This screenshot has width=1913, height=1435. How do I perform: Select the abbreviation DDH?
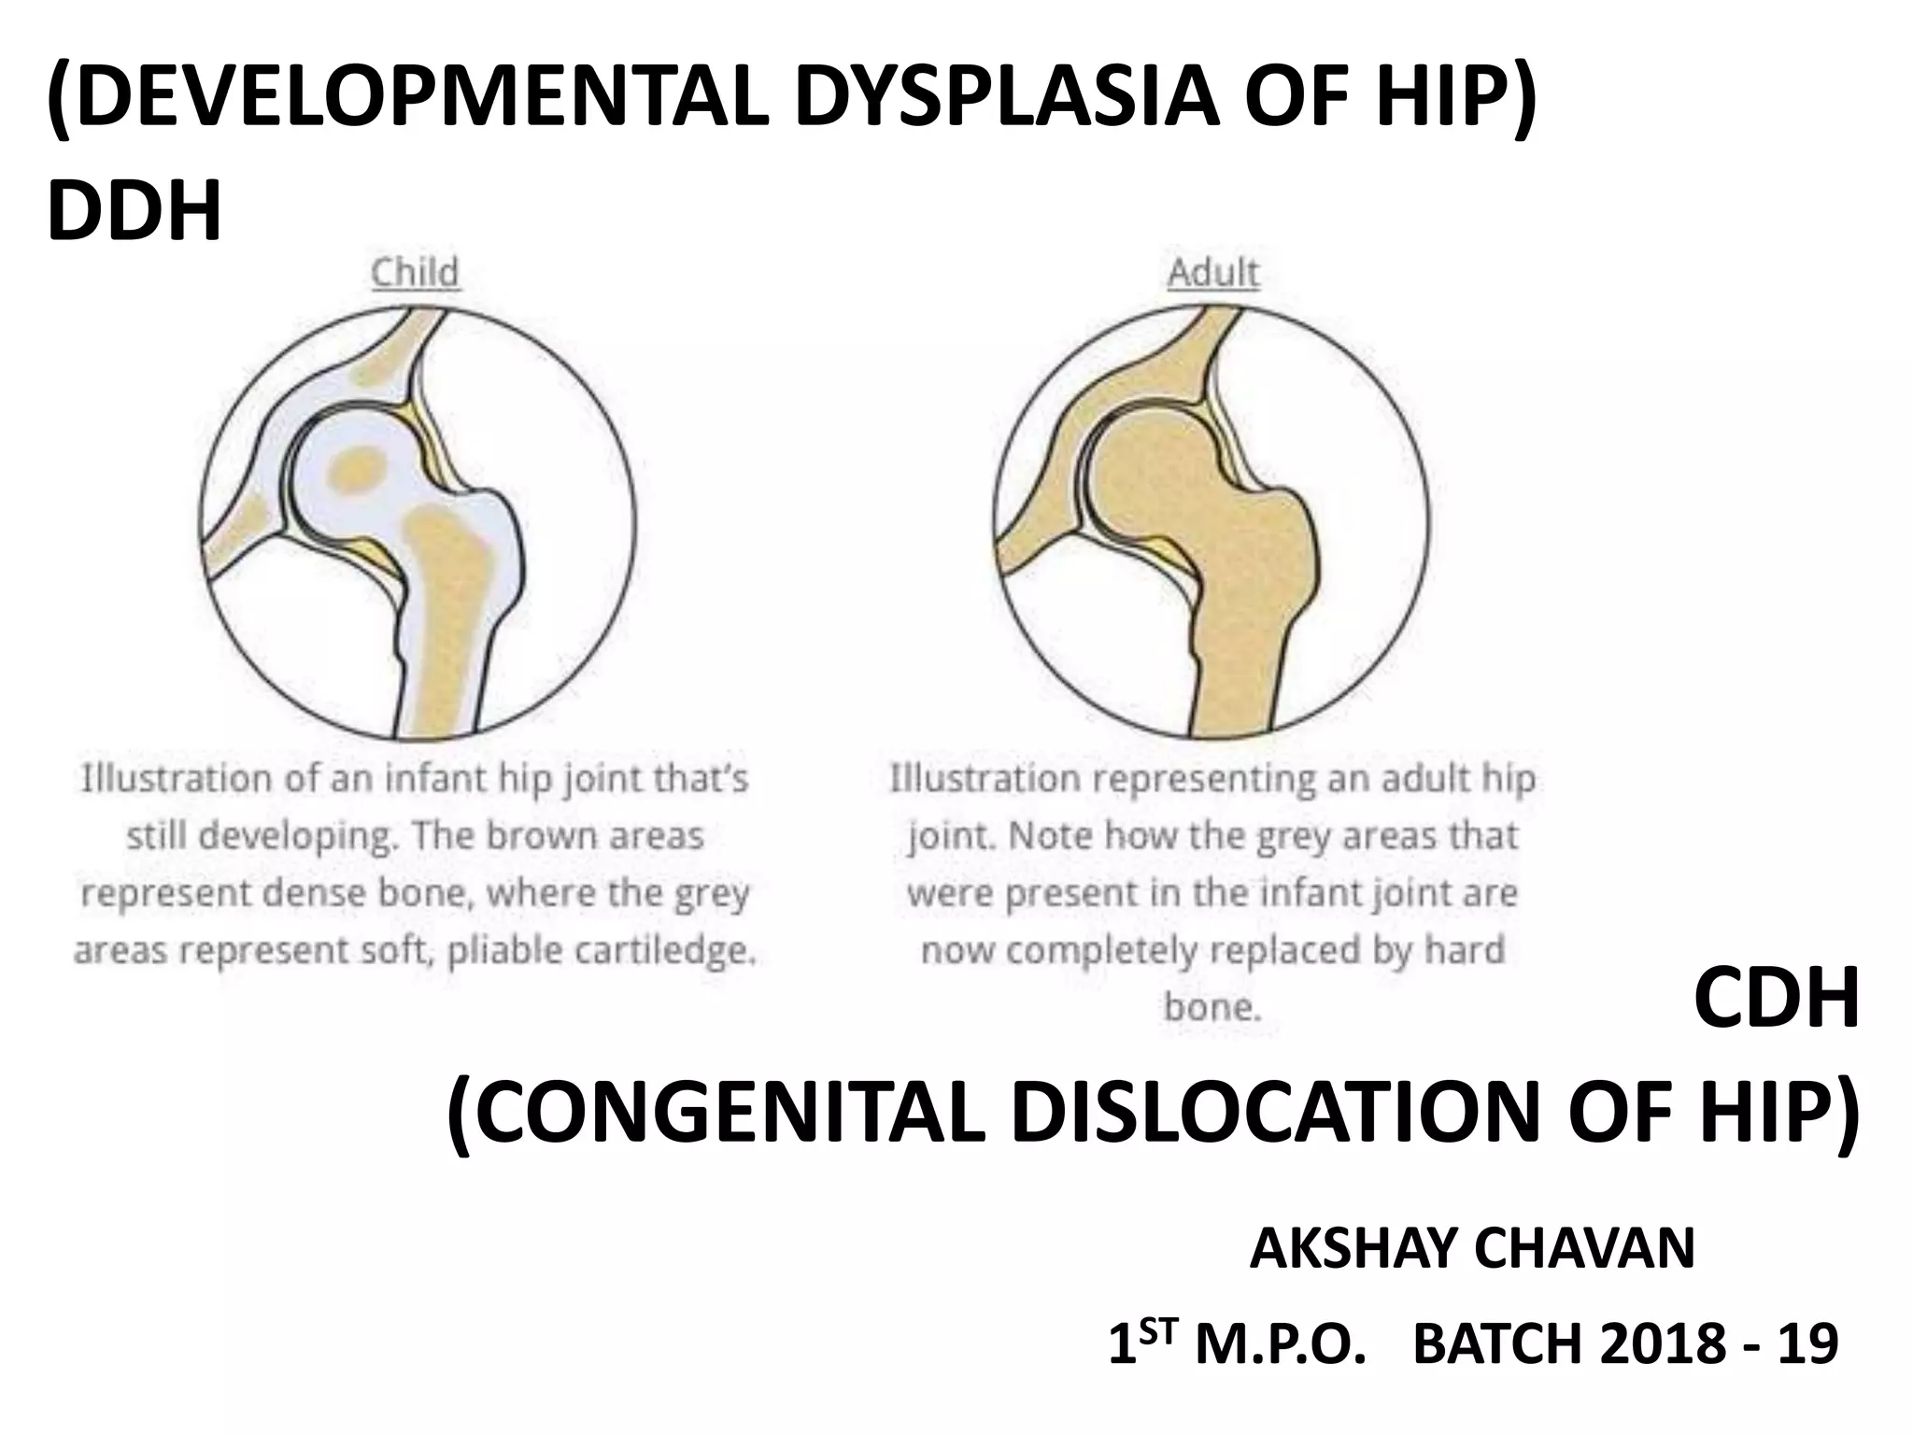click(135, 211)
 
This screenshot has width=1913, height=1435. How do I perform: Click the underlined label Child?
click(415, 273)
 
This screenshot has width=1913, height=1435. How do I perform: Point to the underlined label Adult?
click(1212, 273)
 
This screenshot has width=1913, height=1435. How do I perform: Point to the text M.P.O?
click(1275, 1344)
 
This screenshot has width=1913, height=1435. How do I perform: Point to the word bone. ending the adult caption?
click(1212, 1007)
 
